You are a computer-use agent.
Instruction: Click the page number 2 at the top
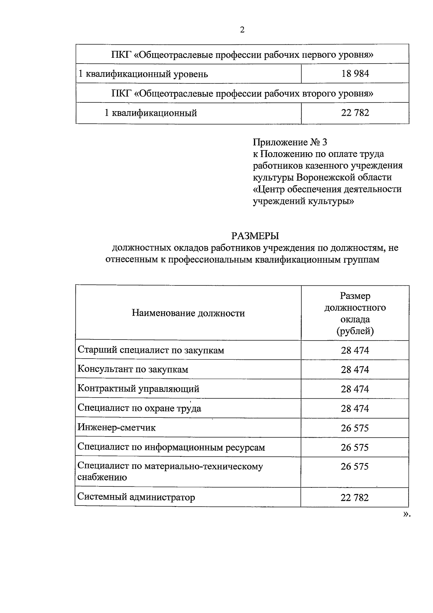pos(242,30)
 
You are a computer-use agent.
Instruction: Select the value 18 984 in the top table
pos(355,74)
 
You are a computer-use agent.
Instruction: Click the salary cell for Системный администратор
pos(354,498)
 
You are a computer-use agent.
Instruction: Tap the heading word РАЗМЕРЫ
pos(255,236)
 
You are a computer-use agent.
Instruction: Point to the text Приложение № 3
pos(290,142)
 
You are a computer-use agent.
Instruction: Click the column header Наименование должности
pos(188,313)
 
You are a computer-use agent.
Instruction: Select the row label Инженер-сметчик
pos(117,428)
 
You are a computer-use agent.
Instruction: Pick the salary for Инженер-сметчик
pos(355,428)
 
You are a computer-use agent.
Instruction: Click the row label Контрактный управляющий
pos(138,389)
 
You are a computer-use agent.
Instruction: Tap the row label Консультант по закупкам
pos(133,369)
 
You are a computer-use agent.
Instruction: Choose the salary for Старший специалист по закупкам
pos(355,350)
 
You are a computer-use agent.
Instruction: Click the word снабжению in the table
pos(102,477)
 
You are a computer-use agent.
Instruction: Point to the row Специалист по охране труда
pos(139,408)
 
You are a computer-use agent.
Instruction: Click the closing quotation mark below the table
pos(407,514)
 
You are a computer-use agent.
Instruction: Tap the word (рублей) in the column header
pos(355,331)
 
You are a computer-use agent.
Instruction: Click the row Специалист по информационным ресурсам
pos(171,447)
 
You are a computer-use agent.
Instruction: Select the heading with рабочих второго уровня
pos(242,93)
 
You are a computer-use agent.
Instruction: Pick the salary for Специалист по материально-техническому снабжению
pos(355,467)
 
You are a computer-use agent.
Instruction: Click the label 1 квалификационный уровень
pos(143,74)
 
